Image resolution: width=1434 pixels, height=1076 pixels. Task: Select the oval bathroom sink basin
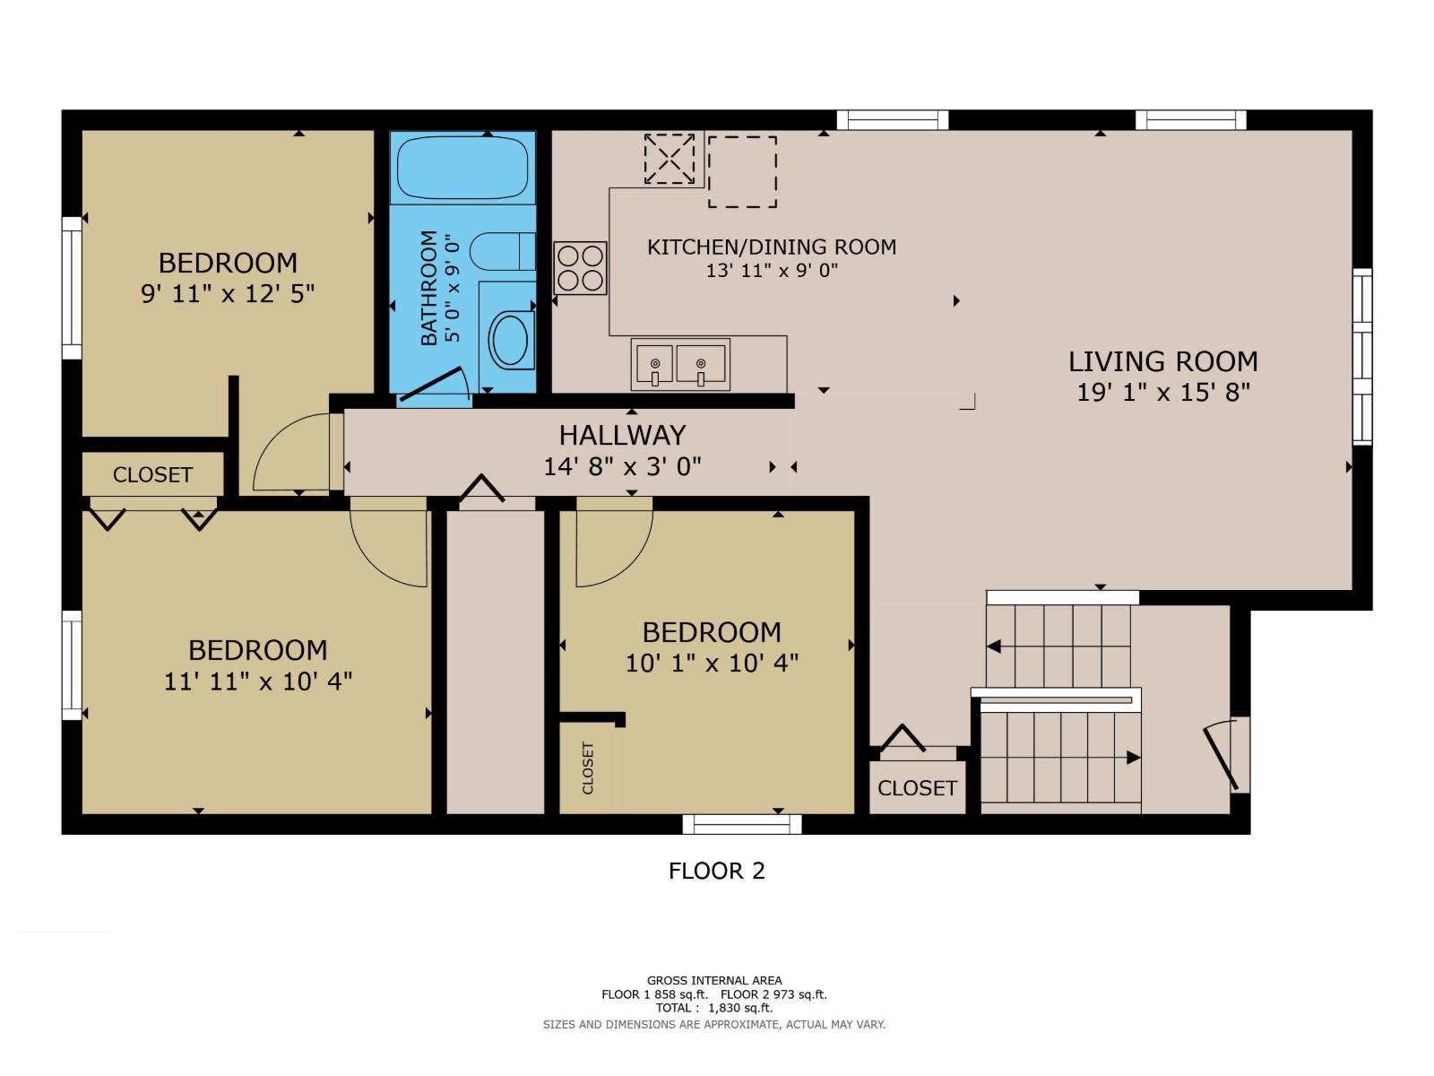coord(511,339)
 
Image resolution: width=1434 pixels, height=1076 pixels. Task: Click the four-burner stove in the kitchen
coord(580,268)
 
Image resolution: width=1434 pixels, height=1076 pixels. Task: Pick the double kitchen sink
coord(679,364)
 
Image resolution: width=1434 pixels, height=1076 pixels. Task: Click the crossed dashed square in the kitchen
coord(669,160)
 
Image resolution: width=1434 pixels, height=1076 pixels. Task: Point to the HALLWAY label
coord(622,435)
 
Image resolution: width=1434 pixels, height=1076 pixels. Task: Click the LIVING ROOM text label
coord(1162,361)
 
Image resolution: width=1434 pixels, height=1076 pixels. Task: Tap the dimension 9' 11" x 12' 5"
coord(228,293)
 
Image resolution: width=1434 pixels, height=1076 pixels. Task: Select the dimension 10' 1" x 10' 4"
coord(712,663)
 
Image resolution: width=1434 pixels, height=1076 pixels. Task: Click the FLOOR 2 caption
coord(716,871)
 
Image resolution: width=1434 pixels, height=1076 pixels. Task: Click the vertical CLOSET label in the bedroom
coord(588,768)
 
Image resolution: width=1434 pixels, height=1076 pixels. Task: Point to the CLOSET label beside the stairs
coord(917,788)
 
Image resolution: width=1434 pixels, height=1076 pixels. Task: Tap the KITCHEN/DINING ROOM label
coord(772,247)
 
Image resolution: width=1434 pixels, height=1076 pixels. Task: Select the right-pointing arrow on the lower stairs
coord(1133,758)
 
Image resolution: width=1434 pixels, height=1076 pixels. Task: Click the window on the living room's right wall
coord(1361,357)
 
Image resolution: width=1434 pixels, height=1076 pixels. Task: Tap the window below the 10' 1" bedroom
coord(742,824)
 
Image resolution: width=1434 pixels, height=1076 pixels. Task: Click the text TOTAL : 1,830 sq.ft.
coord(713,1008)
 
